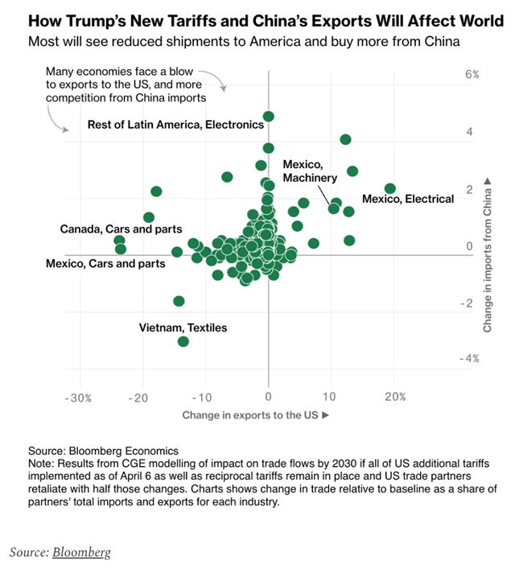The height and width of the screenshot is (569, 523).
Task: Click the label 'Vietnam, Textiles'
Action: coord(183,328)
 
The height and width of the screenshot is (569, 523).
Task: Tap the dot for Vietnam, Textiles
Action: coord(183,341)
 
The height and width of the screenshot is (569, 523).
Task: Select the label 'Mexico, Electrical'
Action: coord(408,198)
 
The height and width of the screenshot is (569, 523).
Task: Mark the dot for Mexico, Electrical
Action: coord(390,188)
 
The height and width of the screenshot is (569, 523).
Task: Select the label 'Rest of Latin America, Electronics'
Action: coord(175,125)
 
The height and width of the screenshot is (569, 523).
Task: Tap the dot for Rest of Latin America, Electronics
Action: coord(269,117)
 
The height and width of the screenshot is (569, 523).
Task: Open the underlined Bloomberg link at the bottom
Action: coord(81,552)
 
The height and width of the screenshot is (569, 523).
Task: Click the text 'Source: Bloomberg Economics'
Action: coord(103,451)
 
